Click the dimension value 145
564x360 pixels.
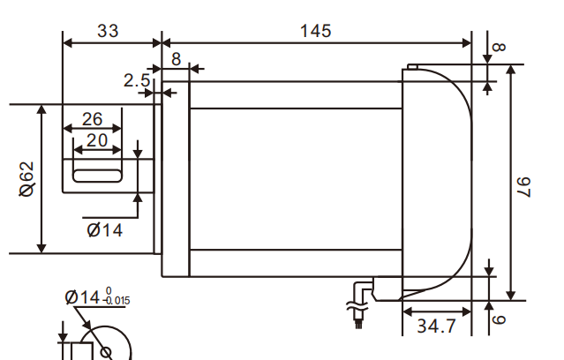[x=315, y=31]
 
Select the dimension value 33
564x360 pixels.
[x=108, y=31]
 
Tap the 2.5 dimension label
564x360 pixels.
[x=136, y=80]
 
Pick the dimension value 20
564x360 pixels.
[x=97, y=139]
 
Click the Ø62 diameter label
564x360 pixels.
[x=27, y=180]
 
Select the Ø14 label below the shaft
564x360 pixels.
[x=105, y=229]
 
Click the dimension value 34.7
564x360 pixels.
[x=436, y=326]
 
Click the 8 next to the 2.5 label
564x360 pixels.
[x=176, y=59]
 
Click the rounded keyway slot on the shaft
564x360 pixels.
[x=97, y=176]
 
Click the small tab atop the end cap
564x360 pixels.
[x=411, y=66]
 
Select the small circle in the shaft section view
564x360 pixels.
[x=107, y=352]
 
